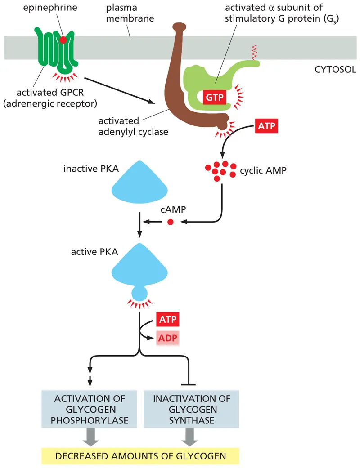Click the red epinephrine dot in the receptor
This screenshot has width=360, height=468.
63,40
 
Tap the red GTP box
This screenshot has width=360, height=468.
214,97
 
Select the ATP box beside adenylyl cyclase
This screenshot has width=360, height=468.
266,126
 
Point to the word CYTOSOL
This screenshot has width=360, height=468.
336,70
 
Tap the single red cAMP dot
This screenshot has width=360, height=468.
170,222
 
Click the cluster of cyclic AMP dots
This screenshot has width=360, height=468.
220,171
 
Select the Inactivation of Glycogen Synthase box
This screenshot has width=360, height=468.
191,410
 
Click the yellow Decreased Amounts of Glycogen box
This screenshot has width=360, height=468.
140,456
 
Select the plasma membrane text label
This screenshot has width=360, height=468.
129,13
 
